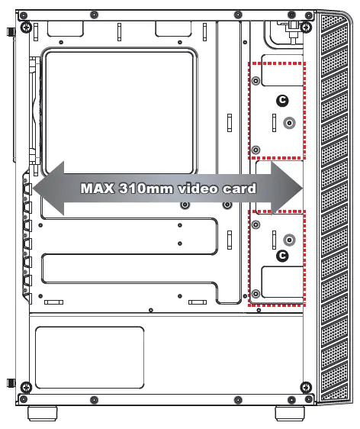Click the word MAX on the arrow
pos(98,188)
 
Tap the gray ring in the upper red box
pos(288,123)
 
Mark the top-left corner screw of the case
pos(26,27)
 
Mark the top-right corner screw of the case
pos(306,27)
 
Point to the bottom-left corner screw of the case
pos(26,385)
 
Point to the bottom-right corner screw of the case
pos(306,385)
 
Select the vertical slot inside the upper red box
pos(273,122)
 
